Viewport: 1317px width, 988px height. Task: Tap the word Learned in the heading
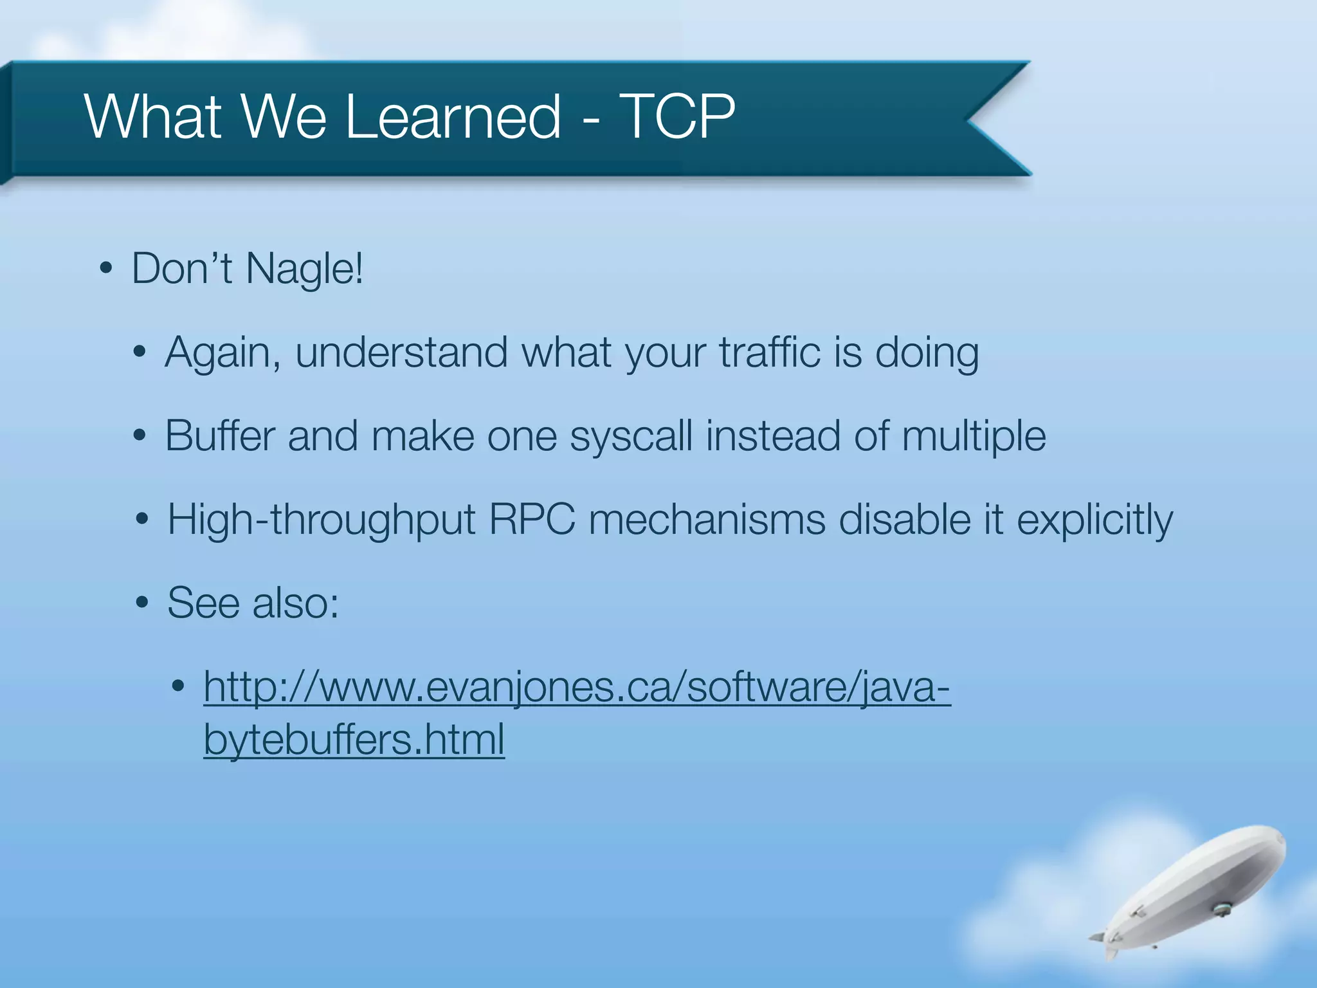coord(453,116)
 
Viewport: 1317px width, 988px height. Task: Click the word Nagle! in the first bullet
coord(305,269)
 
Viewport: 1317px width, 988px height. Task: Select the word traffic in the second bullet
coord(770,352)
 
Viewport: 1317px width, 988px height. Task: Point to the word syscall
coord(631,436)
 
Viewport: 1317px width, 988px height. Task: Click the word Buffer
coord(220,436)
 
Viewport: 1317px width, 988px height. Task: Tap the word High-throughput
coord(321,520)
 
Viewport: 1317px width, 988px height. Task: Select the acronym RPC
coord(532,520)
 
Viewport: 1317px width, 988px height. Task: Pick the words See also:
coord(253,603)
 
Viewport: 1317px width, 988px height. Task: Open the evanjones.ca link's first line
coord(577,687)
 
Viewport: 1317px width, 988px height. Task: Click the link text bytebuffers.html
coord(354,740)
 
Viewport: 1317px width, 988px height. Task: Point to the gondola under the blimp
coord(1219,908)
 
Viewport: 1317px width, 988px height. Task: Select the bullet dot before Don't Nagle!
coord(106,269)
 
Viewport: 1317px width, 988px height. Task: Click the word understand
coord(401,352)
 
